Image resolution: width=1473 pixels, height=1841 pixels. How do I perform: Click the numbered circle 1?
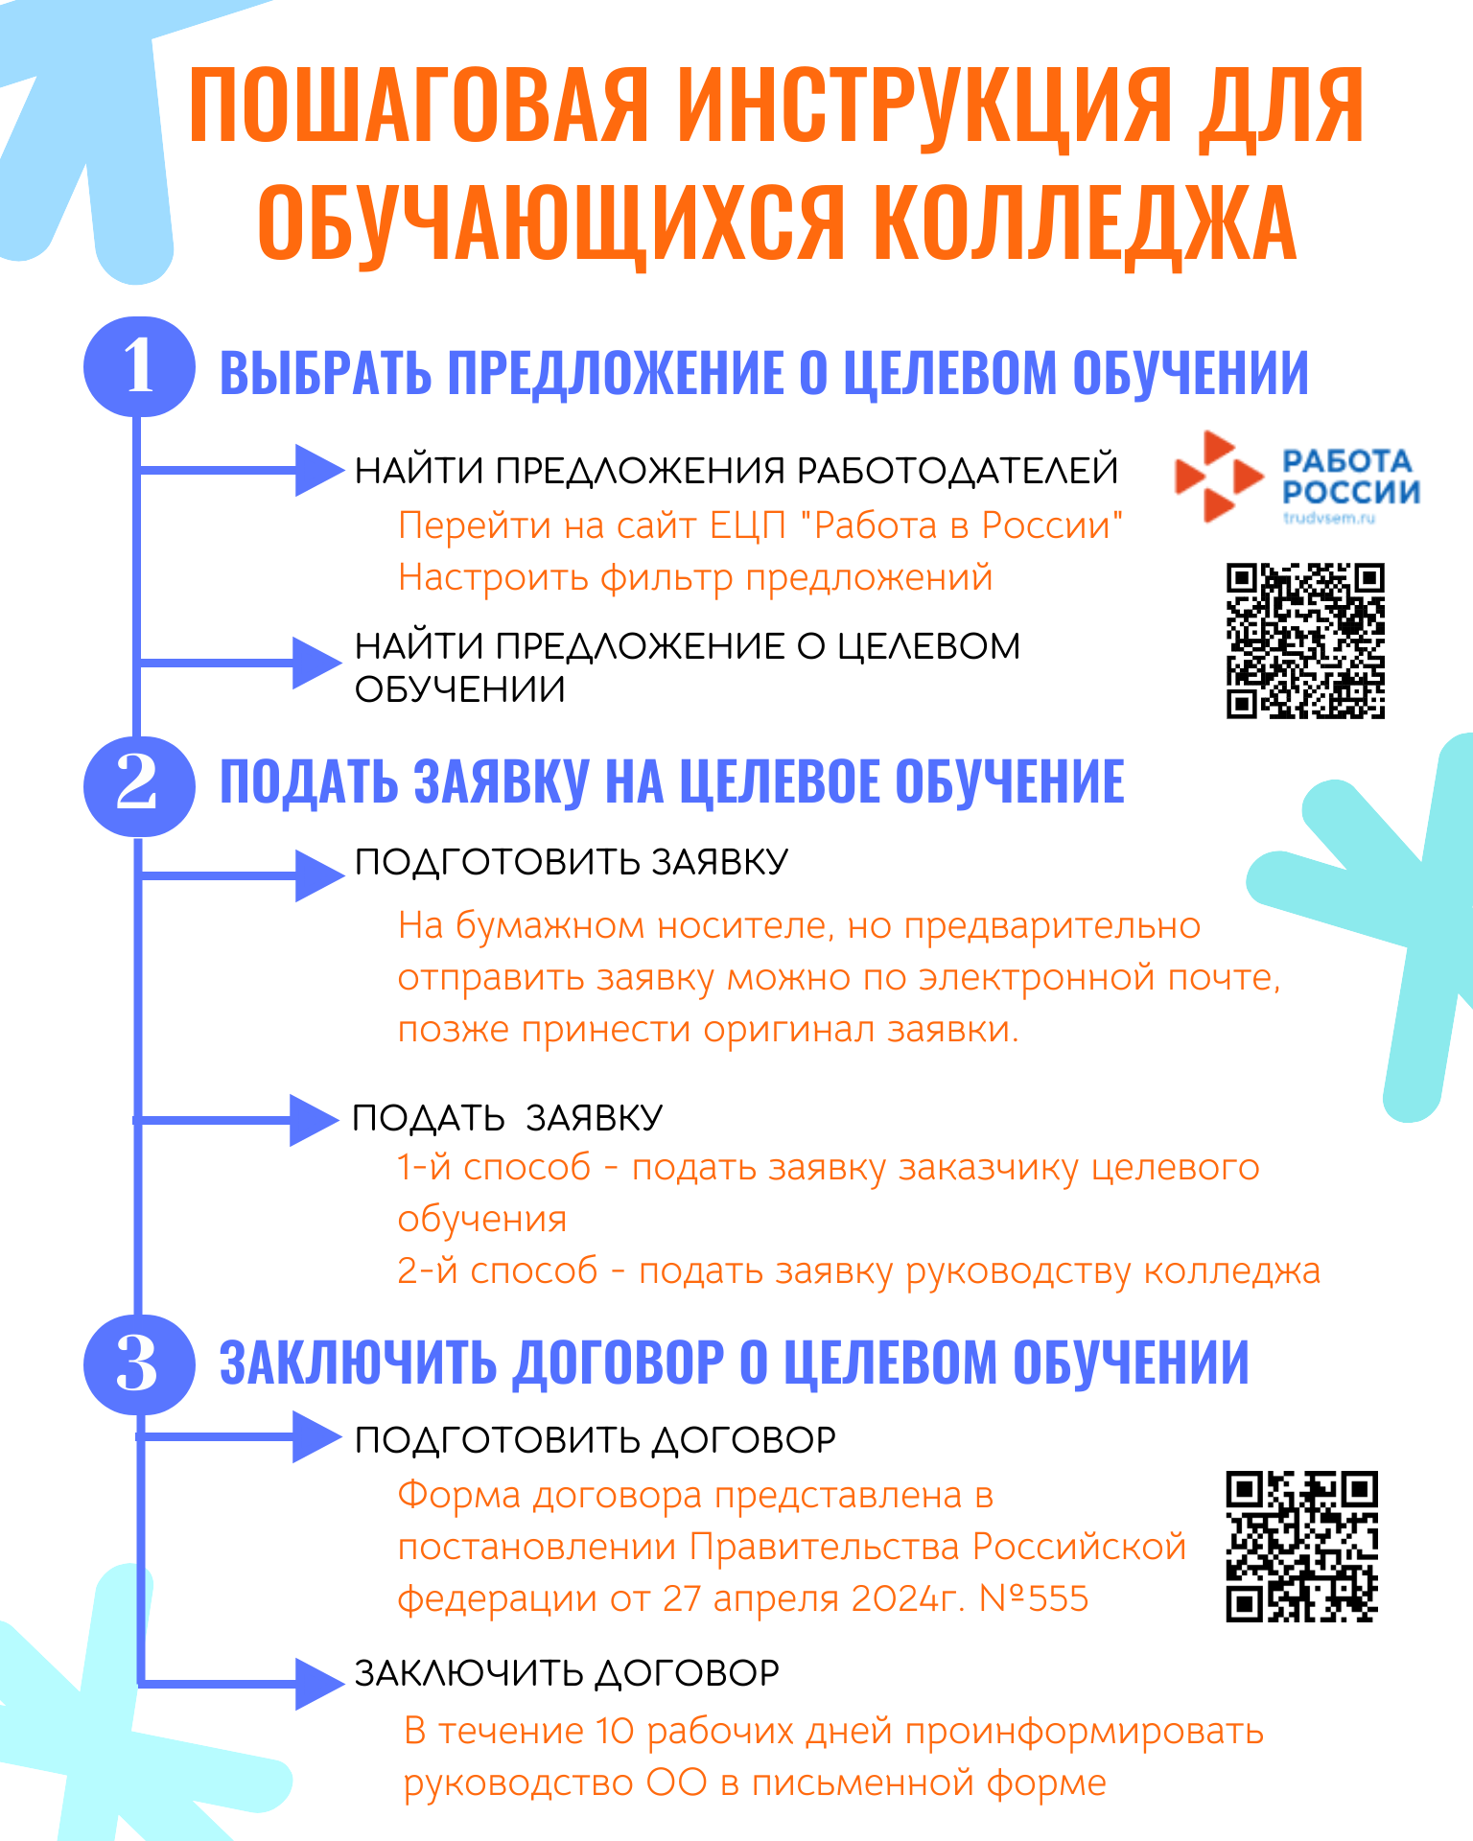139,366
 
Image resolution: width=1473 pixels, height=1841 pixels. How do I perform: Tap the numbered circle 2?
139,784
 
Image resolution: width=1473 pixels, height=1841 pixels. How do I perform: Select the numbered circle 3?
139,1363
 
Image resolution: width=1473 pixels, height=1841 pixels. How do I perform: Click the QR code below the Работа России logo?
1305,641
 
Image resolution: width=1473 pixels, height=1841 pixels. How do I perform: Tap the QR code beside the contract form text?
1301,1546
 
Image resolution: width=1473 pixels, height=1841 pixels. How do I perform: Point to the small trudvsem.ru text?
1329,519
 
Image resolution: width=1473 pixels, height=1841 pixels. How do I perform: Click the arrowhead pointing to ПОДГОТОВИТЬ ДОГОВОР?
317,1435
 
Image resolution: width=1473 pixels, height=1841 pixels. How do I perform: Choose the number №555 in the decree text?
1034,1598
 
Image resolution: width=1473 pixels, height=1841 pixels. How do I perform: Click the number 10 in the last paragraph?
615,1731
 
